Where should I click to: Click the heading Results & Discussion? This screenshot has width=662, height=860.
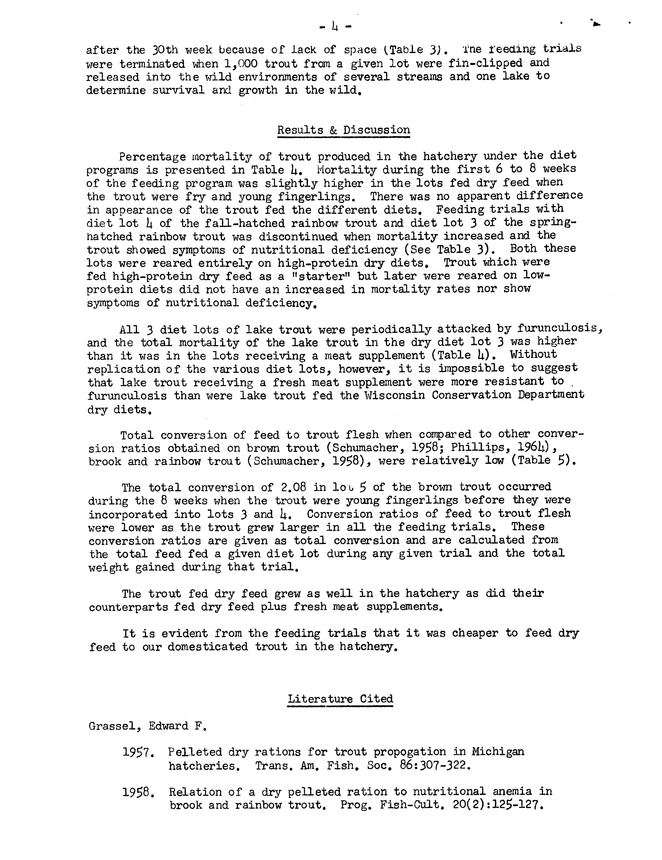pyautogui.click(x=343, y=130)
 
